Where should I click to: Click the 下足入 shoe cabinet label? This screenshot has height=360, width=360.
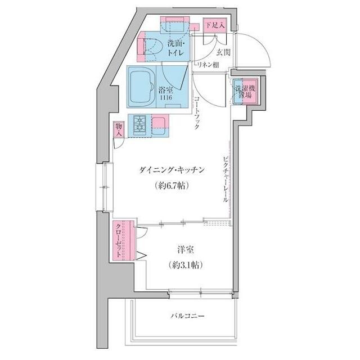(x=214, y=25)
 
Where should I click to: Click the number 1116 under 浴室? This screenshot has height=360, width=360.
(x=165, y=98)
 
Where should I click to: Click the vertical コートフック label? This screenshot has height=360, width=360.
(x=196, y=112)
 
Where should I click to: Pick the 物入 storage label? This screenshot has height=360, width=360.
(x=119, y=131)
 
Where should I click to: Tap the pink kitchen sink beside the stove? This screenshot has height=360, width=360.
(x=159, y=123)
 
